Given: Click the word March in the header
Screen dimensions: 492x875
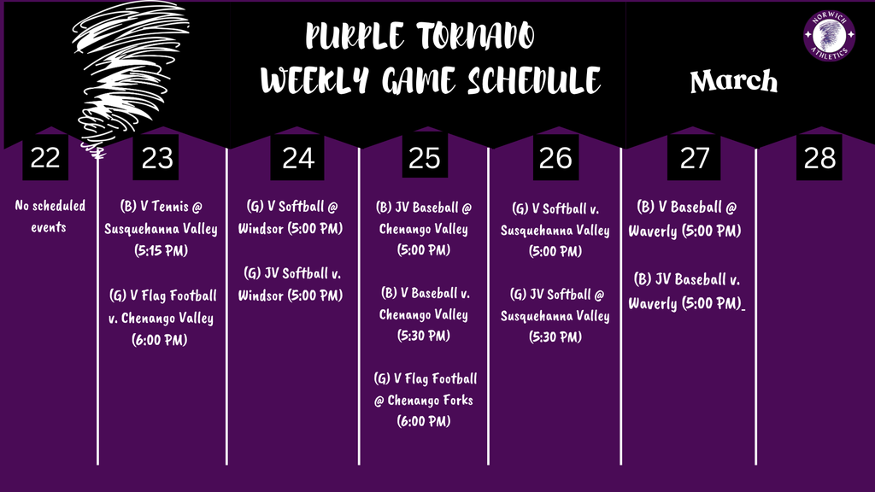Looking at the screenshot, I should click(x=734, y=82).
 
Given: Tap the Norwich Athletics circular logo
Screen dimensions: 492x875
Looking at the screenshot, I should click(x=829, y=37).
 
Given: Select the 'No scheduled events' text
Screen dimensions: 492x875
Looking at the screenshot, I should click(x=50, y=217).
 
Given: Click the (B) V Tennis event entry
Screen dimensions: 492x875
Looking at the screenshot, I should click(x=161, y=229).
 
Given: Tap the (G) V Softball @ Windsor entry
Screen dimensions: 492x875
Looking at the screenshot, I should click(x=292, y=219).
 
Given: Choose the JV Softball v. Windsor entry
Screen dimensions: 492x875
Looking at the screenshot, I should click(x=292, y=284).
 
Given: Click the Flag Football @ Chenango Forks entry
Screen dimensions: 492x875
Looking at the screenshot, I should click(x=424, y=400).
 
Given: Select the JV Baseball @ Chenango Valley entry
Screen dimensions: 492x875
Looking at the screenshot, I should click(x=424, y=229).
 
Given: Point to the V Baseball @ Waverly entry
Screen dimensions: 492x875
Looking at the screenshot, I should click(x=689, y=219).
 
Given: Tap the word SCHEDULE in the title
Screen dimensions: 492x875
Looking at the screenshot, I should click(x=534, y=81).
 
